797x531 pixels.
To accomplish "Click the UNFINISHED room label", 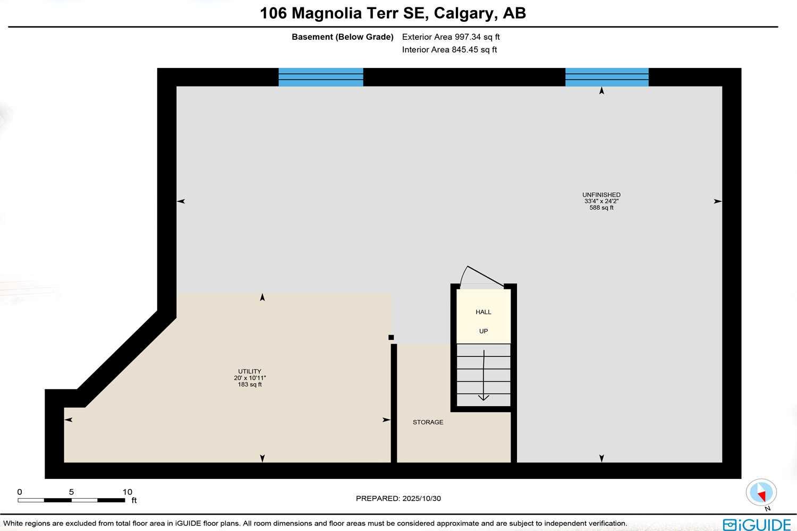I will [601, 195].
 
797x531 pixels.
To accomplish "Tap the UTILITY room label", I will [249, 372].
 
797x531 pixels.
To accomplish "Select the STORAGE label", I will [428, 422].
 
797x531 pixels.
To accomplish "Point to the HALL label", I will [484, 312].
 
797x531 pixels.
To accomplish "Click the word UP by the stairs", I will [484, 331].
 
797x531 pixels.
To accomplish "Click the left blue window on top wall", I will [321, 77].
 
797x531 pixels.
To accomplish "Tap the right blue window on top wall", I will [607, 77].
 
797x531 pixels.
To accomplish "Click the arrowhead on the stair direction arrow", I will [484, 397].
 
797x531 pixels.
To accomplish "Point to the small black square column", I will [391, 337].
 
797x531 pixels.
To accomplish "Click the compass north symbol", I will [761, 493].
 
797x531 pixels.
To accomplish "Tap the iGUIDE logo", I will [757, 524].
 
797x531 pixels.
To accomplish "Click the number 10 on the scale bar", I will [127, 492].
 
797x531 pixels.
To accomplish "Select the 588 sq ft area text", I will [601, 208].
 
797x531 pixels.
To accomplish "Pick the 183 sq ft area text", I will [249, 384].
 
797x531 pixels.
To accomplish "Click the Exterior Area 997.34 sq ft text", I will [451, 37].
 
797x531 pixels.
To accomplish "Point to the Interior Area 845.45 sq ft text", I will [450, 50].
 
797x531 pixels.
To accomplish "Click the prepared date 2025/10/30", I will [422, 499].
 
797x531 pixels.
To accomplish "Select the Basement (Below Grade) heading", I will [343, 37].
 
